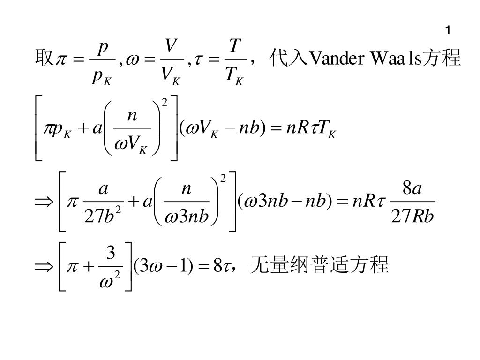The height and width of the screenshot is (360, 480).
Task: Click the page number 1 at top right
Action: [x=448, y=31]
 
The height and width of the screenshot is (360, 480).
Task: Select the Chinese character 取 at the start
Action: [x=42, y=60]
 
